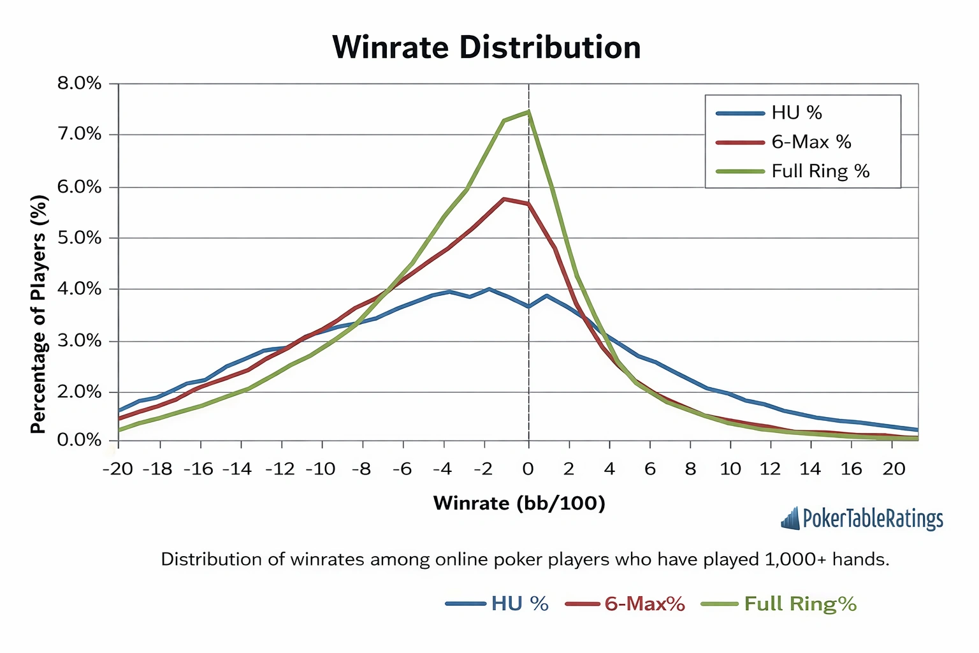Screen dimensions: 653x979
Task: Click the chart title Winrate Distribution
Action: point(486,48)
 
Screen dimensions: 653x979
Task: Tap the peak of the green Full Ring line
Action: point(528,112)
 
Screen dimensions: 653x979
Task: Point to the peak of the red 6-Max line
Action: point(504,199)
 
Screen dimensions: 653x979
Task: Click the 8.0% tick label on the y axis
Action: point(79,84)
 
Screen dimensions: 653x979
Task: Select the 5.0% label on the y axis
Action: point(79,238)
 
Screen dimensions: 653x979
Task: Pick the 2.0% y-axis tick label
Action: point(79,392)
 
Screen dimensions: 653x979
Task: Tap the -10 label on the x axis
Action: point(320,469)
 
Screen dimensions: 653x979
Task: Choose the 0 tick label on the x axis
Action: point(528,469)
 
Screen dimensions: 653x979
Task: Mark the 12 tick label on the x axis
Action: point(770,469)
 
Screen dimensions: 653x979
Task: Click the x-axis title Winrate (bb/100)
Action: point(519,503)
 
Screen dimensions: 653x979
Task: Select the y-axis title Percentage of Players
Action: point(39,314)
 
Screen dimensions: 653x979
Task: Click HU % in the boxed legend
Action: point(797,113)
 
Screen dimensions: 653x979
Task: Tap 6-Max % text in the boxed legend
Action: point(811,142)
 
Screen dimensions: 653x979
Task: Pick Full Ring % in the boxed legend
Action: point(820,172)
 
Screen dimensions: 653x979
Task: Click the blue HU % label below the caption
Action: point(519,604)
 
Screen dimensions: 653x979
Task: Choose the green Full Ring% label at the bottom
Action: point(800,604)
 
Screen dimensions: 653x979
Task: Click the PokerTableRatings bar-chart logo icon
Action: point(790,518)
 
